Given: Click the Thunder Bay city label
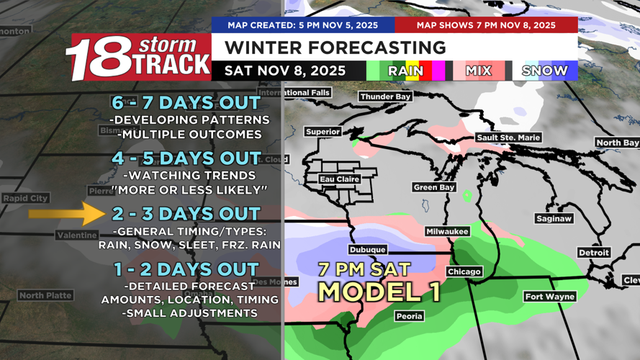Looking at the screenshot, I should [385, 96].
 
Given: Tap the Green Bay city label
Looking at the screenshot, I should [434, 187].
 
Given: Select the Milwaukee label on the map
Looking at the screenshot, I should [447, 231].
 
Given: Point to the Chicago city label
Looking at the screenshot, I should [464, 271].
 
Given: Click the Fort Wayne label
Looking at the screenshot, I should [549, 297].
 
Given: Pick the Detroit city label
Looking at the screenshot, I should [594, 253].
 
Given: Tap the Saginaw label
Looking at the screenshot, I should [554, 218].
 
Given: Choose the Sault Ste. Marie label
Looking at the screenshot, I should [508, 138].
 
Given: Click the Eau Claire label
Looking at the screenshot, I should [340, 179].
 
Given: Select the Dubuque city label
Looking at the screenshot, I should [368, 249].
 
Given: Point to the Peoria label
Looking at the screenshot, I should [409, 316].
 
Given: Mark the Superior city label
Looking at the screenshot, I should [323, 132].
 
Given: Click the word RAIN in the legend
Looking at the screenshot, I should [406, 71].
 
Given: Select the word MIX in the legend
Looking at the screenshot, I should [478, 71].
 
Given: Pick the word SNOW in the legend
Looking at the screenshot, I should [545, 71].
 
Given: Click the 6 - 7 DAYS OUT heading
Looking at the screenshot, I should [186, 103].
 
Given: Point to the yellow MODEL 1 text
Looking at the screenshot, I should [379, 291].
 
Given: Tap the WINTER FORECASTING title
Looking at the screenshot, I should [335, 48].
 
